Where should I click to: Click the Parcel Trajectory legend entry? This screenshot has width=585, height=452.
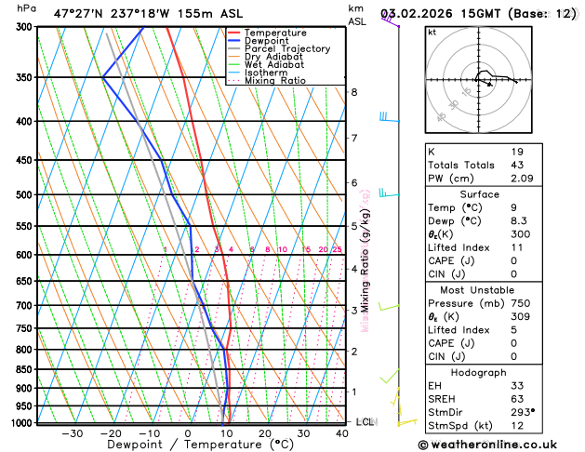click(286, 49)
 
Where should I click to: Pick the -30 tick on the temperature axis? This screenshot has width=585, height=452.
click(72, 433)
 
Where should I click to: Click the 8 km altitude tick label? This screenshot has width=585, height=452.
click(353, 92)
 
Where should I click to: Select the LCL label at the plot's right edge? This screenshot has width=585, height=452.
click(365, 422)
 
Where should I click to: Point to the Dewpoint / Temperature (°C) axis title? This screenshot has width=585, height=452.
click(187, 445)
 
